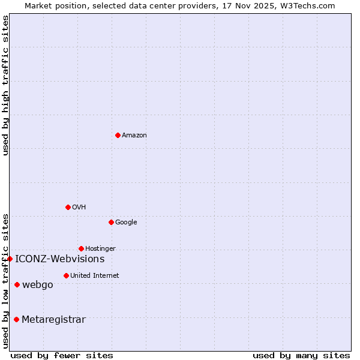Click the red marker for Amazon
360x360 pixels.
(118, 135)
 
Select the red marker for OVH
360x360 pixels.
(68, 207)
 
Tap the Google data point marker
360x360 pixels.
(111, 222)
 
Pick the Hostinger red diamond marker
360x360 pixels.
(81, 248)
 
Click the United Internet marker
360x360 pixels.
(66, 275)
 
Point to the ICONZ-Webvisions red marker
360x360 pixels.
(10, 259)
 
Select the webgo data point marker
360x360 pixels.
(17, 284)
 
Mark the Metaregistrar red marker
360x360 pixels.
(16, 319)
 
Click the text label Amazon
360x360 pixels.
(134, 136)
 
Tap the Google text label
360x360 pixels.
(126, 223)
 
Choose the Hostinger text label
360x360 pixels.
(100, 249)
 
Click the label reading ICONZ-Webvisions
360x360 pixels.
(60, 259)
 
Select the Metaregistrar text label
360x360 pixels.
(53, 320)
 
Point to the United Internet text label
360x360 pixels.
(94, 276)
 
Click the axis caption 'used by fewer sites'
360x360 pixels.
(62, 355)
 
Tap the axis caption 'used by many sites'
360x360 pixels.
(301, 355)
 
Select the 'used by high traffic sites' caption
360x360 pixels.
(5, 86)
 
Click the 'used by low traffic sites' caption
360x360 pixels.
(5, 280)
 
